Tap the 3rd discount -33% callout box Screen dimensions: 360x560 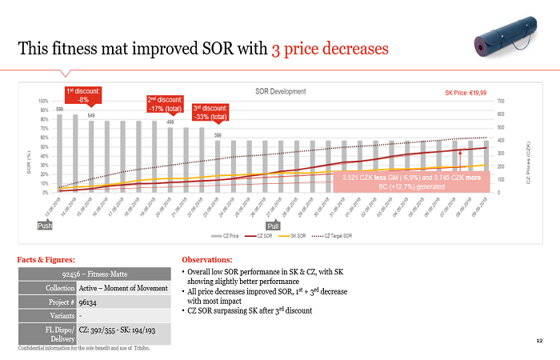click(x=210, y=112)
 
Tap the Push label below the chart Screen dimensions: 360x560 click(x=45, y=226)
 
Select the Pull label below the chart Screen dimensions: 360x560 click(x=273, y=226)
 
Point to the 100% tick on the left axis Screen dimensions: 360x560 click(x=42, y=102)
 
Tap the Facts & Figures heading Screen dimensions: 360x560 click(x=46, y=260)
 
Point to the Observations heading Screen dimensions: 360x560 click(x=209, y=260)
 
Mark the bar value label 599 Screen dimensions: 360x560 click(x=59, y=109)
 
